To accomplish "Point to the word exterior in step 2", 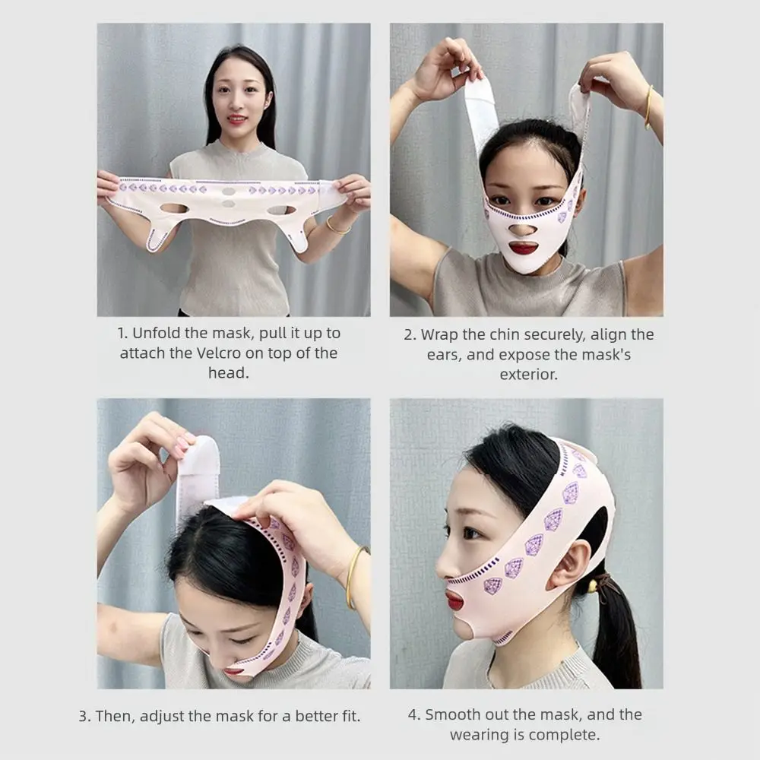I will tap(528, 375).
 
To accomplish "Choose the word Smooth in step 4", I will tap(455, 715).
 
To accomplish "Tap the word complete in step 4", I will tap(570, 735).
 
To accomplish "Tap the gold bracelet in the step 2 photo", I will tap(648, 106).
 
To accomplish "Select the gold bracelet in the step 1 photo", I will tap(335, 226).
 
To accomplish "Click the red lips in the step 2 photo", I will tap(523, 249).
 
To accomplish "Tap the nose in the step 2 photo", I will tap(523, 226).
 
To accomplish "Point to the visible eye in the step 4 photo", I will tap(473, 533).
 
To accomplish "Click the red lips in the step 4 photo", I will tap(454, 600).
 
